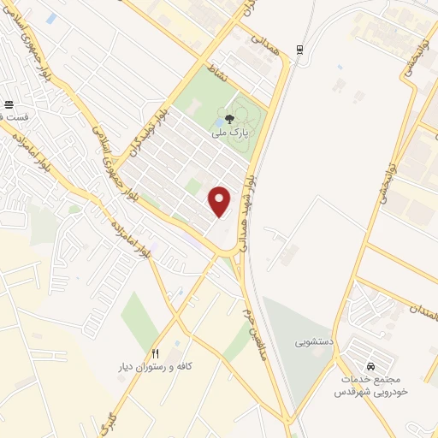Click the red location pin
(220, 200)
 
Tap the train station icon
(299, 50)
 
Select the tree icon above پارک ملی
(228, 119)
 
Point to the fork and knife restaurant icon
(155, 352)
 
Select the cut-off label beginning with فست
(15, 115)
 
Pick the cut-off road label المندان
(423, 311)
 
